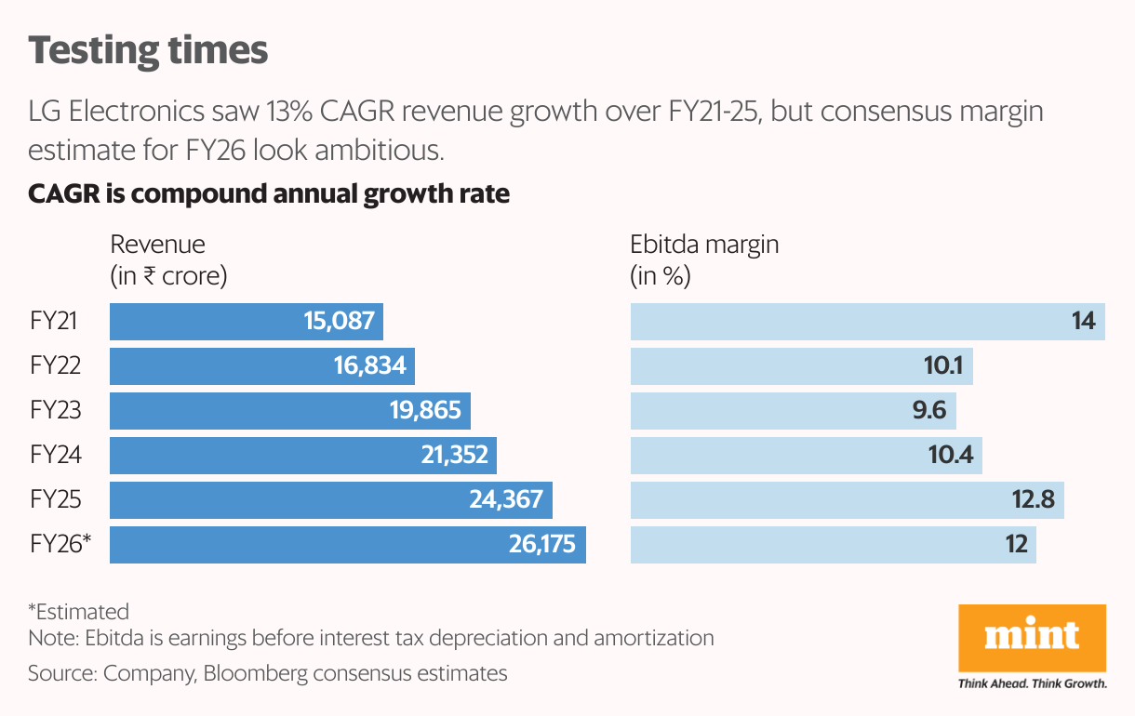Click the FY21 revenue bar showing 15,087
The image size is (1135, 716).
coord(247,322)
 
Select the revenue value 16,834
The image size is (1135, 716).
coord(370,365)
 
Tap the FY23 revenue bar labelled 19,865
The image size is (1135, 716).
coord(290,410)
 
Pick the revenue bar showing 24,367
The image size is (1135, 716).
coord(331,499)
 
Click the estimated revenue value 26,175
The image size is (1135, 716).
coord(541,544)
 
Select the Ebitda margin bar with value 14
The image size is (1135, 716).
coord(867,322)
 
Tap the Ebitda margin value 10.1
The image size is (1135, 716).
coord(943,365)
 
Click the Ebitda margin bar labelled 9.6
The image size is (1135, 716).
coord(793,410)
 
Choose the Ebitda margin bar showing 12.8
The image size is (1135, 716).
coord(847,499)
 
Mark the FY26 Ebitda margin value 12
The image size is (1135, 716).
coord(1016,544)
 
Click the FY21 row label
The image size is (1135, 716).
coord(54,322)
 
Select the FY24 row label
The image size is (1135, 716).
coord(56,455)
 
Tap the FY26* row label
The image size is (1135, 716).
coord(60,544)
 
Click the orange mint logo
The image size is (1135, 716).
coord(1032,637)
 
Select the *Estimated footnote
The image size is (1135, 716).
coord(78,611)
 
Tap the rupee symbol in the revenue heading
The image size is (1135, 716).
coord(149,277)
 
